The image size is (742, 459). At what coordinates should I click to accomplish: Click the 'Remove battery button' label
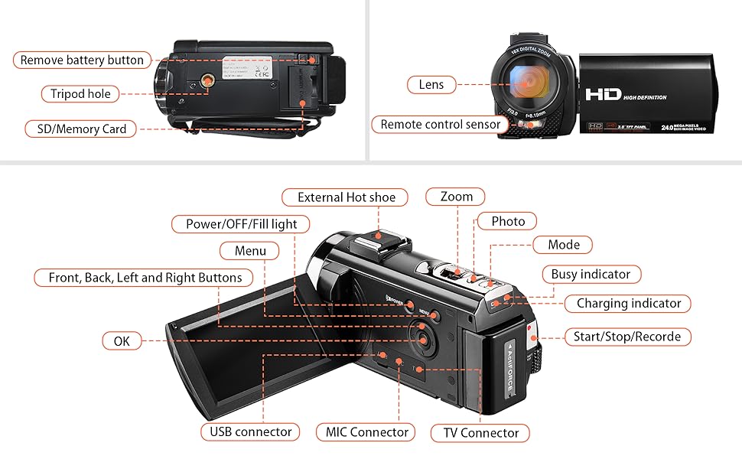tap(82, 60)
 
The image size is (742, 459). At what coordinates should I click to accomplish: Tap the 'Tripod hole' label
tap(80, 94)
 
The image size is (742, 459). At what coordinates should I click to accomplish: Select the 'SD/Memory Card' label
tap(80, 129)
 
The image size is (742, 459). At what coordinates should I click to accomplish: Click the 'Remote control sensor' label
tap(440, 124)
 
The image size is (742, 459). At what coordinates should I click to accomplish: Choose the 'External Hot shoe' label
tap(347, 197)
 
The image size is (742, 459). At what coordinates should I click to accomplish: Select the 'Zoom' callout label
tap(456, 197)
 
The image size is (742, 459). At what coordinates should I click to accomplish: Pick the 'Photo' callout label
tap(508, 221)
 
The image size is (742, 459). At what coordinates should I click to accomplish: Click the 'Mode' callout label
tap(564, 245)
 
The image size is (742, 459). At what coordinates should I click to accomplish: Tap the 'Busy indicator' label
tap(591, 274)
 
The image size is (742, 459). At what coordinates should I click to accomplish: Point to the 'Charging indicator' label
tap(628, 303)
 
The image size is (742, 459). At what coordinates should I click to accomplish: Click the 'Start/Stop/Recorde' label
tap(626, 337)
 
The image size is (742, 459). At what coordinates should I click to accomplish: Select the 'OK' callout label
tap(122, 341)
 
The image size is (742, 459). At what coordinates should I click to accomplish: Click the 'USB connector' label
tap(251, 431)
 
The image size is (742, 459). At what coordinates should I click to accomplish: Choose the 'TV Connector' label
tap(480, 433)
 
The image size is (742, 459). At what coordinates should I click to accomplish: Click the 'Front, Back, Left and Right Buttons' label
tap(145, 278)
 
